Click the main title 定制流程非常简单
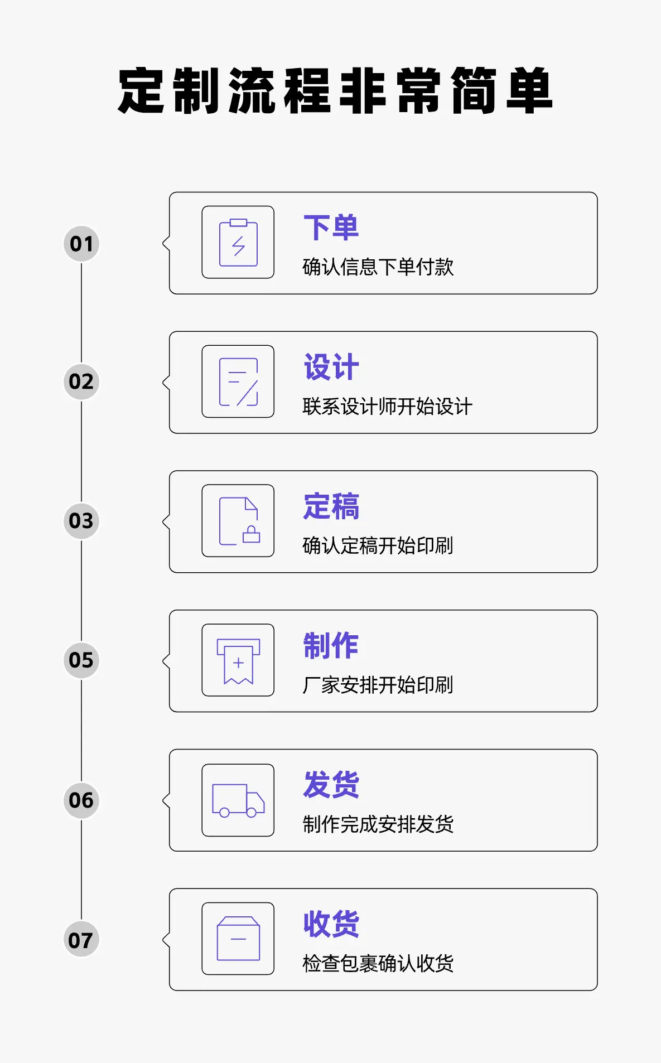[x=335, y=91]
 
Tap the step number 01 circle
[x=81, y=244]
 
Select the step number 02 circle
[x=81, y=382]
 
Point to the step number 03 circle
[x=81, y=521]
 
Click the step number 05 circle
[x=81, y=660]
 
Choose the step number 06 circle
[x=81, y=800]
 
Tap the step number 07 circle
[x=81, y=940]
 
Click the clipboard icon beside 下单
[x=238, y=243]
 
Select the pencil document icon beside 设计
[x=238, y=382]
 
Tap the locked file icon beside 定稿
[x=238, y=521]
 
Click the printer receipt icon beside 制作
[x=238, y=660]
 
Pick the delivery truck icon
[x=238, y=800]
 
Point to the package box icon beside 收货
[x=238, y=939]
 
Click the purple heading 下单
[x=331, y=228]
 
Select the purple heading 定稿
[x=331, y=506]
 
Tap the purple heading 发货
[x=331, y=785]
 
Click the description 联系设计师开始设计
[x=387, y=407]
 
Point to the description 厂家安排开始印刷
[x=378, y=685]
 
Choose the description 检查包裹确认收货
[x=378, y=963]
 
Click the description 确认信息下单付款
[x=378, y=267]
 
